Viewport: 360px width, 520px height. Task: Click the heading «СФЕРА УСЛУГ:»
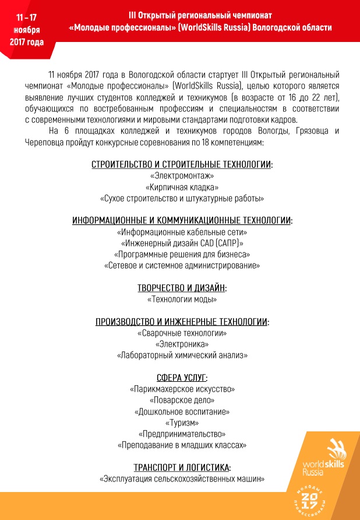click(x=182, y=377)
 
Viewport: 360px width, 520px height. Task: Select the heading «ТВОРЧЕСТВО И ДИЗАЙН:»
click(x=182, y=288)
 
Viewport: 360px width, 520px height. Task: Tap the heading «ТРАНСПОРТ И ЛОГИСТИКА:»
click(x=182, y=468)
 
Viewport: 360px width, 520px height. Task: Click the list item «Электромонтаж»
click(x=182, y=175)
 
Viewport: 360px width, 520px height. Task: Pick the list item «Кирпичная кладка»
click(x=182, y=187)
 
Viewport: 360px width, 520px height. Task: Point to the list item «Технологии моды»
click(x=182, y=300)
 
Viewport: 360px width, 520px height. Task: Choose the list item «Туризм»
click(x=182, y=423)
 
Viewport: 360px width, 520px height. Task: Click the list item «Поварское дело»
click(x=182, y=400)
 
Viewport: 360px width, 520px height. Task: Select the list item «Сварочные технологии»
click(x=182, y=333)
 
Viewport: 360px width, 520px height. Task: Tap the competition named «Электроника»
click(x=182, y=344)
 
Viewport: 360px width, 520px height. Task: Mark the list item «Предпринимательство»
click(x=182, y=434)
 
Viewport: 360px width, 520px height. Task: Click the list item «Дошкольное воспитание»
click(x=182, y=412)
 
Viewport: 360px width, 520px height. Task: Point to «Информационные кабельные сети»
click(x=182, y=232)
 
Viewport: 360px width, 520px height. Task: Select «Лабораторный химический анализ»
click(x=182, y=355)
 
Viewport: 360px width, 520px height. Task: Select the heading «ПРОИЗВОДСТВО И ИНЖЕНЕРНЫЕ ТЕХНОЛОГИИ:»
click(x=182, y=322)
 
